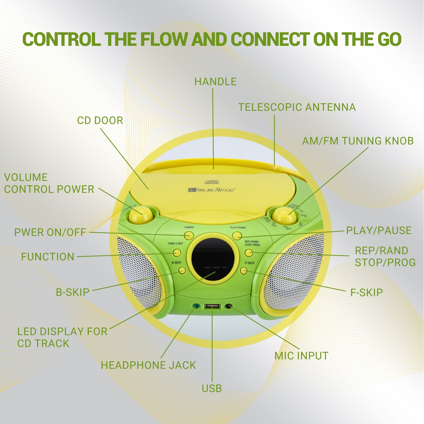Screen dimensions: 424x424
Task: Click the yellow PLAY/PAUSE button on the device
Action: coord(237,236)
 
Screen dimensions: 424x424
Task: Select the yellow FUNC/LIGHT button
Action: coord(177,253)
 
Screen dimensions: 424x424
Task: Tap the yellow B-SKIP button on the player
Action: coord(182,270)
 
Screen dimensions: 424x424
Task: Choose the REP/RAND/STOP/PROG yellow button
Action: coord(248,253)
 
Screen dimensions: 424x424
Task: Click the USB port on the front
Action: coord(212,306)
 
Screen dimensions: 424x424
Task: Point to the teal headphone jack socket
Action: coord(196,306)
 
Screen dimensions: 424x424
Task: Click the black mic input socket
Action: coord(228,306)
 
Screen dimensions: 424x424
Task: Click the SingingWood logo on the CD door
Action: coord(211,190)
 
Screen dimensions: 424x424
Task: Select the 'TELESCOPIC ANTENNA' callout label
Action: coord(297,107)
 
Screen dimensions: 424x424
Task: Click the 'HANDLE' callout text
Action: coord(215,82)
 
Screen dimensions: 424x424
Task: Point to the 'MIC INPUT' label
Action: coord(301,356)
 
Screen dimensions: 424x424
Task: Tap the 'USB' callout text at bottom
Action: coord(212,388)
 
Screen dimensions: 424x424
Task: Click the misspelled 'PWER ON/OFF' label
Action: coord(50,232)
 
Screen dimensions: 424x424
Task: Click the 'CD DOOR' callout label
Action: coord(100,121)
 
